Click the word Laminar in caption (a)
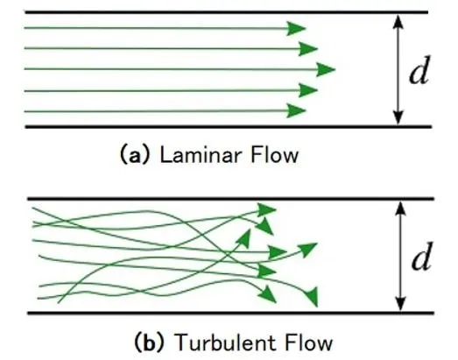(x=200, y=154)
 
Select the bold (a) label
(x=135, y=154)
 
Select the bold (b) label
(x=149, y=342)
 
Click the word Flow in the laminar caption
(x=275, y=154)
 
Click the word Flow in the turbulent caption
(x=309, y=342)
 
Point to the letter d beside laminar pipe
(x=419, y=70)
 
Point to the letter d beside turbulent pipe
(x=422, y=256)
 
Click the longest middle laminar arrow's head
(x=326, y=69)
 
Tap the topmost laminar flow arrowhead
(x=296, y=28)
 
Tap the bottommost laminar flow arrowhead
(x=296, y=110)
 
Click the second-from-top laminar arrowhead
(x=308, y=48)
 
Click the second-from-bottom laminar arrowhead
(x=308, y=90)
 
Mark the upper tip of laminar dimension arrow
(x=398, y=15)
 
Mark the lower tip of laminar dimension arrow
(x=398, y=124)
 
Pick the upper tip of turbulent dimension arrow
(x=400, y=201)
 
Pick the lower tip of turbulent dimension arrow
(x=400, y=311)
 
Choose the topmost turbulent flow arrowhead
(x=266, y=209)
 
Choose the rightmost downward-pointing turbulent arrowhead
(x=312, y=296)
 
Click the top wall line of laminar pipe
(x=226, y=12)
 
